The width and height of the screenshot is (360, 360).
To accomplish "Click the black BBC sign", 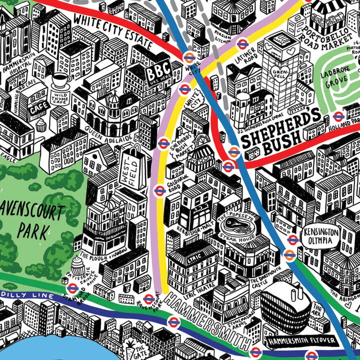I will (158, 72).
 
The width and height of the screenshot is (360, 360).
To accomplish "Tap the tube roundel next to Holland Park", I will (338, 116).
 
